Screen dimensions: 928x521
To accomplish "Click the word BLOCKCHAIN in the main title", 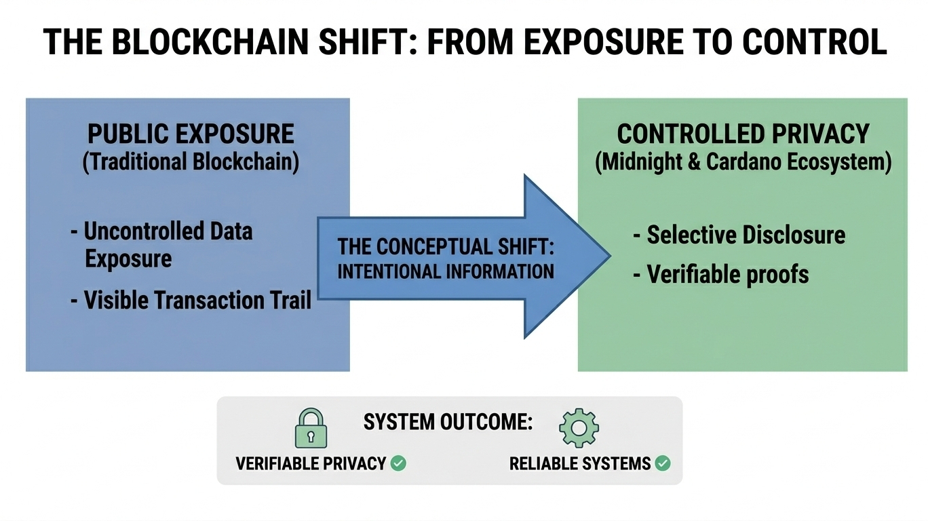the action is [x=210, y=42].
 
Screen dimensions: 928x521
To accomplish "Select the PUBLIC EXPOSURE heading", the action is [x=191, y=134].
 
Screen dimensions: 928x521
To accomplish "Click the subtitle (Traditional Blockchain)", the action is [x=191, y=161].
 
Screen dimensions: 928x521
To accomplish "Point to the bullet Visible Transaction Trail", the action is [x=191, y=300].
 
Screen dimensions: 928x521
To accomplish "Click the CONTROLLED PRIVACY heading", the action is [x=743, y=134].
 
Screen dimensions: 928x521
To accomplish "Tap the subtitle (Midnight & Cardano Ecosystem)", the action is [x=743, y=161].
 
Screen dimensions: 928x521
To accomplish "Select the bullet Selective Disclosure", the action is [x=739, y=235].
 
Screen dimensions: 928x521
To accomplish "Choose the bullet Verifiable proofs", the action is [x=721, y=274].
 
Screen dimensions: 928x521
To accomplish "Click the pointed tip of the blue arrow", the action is [x=611, y=256].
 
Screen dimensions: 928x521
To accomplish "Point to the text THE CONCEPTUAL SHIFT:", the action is [x=446, y=247].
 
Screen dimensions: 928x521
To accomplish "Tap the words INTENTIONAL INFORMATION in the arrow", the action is [x=446, y=271].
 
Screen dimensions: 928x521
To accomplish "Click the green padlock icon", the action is [x=311, y=429].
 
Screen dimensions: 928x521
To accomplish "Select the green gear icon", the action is [x=579, y=428].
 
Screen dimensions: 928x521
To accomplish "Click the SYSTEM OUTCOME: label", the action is [x=448, y=422].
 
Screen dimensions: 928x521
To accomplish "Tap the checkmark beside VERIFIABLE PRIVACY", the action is [x=399, y=463].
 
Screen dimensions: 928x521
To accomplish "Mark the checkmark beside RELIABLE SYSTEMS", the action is [x=663, y=463].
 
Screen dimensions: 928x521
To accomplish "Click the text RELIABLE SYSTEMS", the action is [x=580, y=464].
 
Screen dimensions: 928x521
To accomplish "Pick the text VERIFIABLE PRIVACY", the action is [x=311, y=464].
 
